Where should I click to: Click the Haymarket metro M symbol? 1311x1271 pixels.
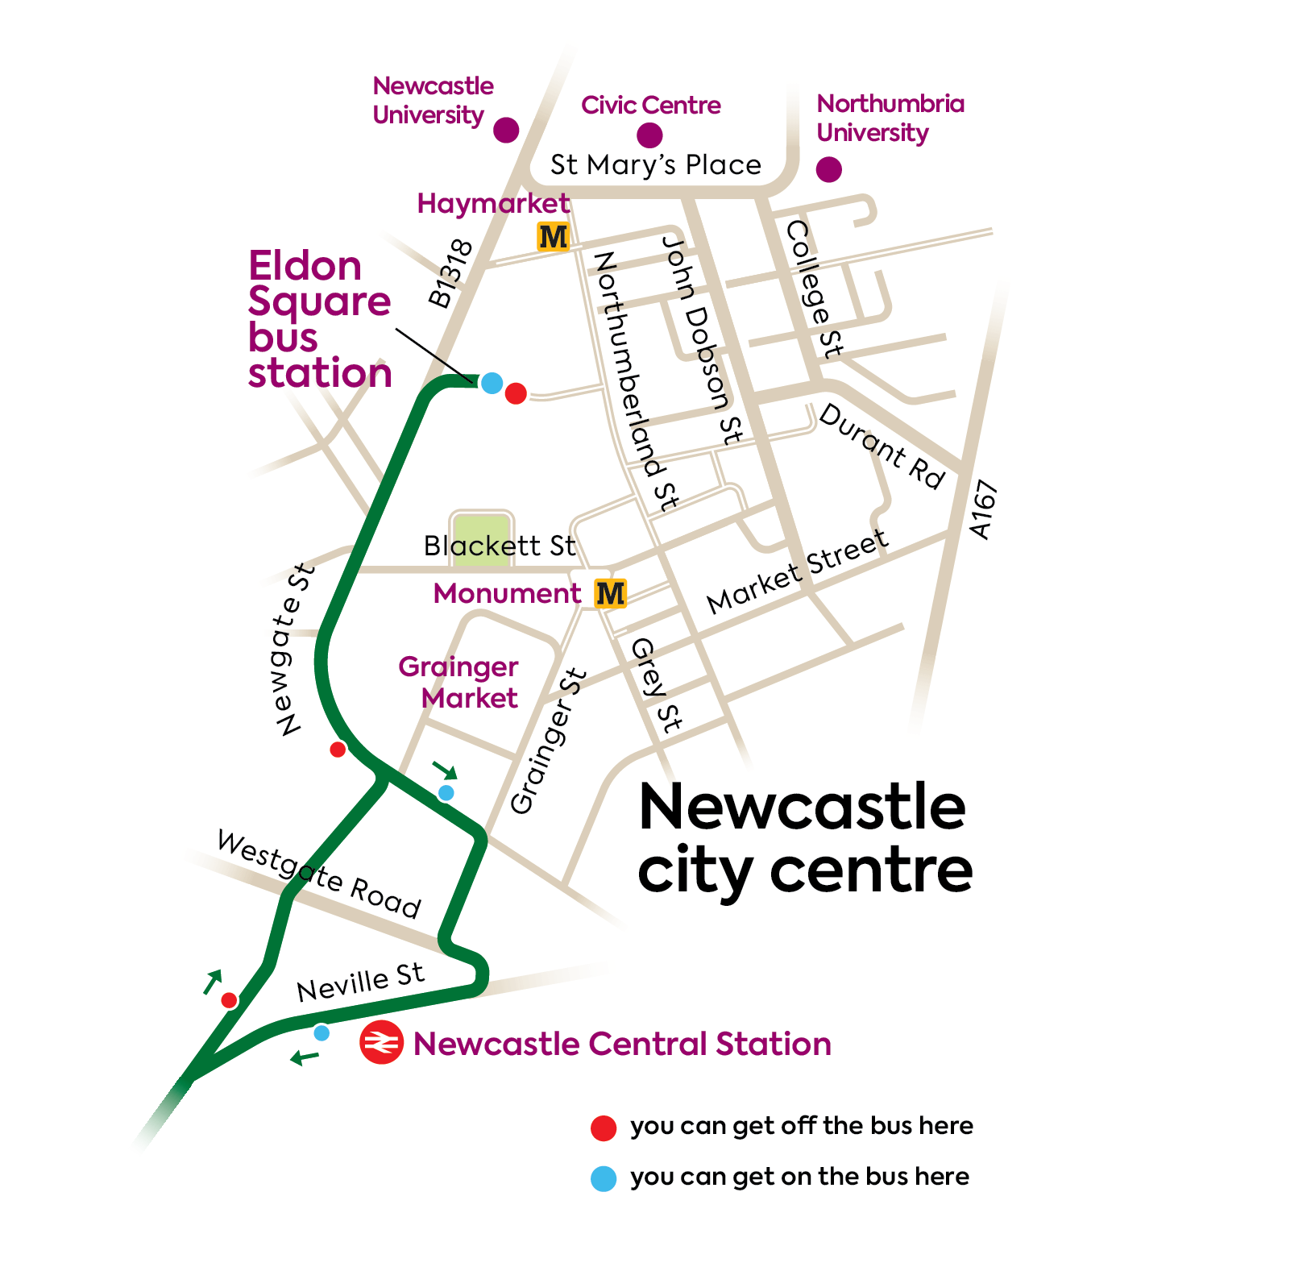point(553,237)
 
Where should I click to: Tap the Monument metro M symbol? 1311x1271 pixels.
point(610,594)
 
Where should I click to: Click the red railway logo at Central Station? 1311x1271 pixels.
point(381,1043)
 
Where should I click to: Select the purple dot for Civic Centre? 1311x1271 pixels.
point(649,135)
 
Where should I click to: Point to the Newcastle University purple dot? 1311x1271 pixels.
point(506,130)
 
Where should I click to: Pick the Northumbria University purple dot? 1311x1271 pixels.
point(829,169)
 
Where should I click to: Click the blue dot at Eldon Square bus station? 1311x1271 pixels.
point(492,383)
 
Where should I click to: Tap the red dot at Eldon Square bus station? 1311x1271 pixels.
point(516,393)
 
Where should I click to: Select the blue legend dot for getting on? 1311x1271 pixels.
point(604,1178)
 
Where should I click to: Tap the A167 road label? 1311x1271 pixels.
point(984,509)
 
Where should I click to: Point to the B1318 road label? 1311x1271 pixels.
point(450,274)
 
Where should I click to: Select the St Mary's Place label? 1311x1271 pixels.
point(655,164)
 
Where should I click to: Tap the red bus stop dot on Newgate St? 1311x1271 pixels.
point(338,750)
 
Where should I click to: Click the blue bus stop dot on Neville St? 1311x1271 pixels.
point(322,1032)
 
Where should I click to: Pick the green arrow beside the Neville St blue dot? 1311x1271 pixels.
point(305,1057)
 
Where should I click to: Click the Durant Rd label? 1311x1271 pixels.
point(882,447)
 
